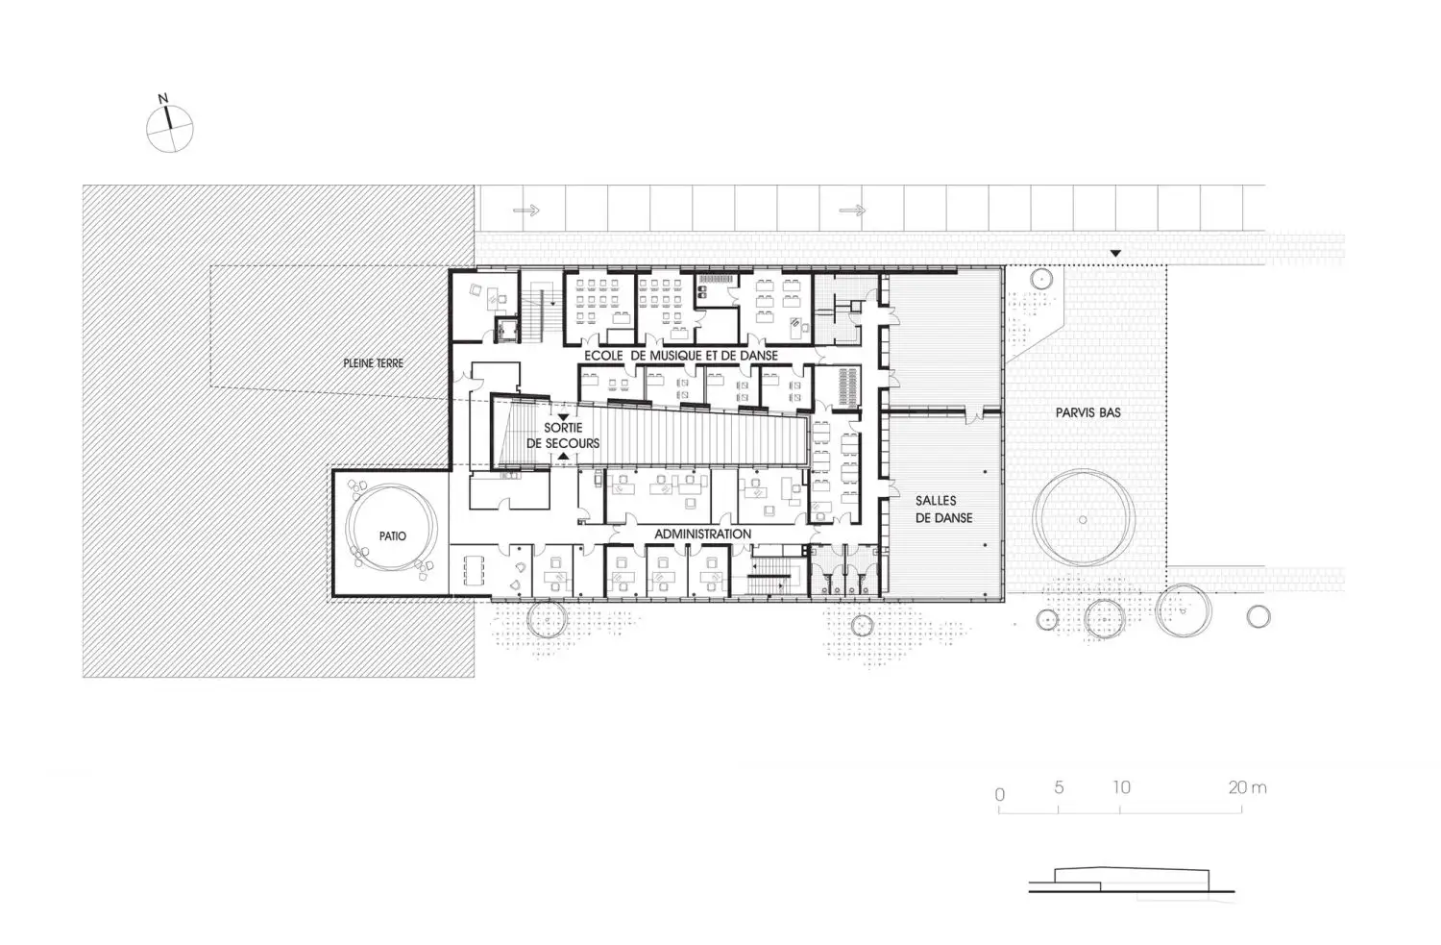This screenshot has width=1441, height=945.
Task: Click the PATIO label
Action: (392, 535)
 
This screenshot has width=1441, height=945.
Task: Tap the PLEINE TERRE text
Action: (373, 363)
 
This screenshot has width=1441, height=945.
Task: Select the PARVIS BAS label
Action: (1087, 412)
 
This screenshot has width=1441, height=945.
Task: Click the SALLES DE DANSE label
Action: (943, 510)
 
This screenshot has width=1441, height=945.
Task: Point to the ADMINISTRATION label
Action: (702, 534)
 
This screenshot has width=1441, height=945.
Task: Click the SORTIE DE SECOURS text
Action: (563, 435)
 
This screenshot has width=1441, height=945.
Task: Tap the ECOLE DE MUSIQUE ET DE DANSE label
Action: (681, 356)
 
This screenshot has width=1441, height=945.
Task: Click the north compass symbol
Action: (169, 129)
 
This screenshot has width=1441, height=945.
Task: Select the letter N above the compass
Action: (162, 98)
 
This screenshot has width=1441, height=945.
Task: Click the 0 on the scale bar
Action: (1000, 794)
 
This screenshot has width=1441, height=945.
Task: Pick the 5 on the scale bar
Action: (1059, 786)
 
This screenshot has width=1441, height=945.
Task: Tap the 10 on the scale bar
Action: (1121, 786)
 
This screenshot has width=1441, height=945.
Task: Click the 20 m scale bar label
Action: (1247, 786)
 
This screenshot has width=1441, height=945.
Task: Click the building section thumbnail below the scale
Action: (1132, 880)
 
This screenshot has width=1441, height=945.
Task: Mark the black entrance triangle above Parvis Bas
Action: (1115, 254)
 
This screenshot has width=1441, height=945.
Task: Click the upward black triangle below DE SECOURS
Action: (564, 457)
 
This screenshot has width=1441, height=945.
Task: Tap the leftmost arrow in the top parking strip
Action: (526, 210)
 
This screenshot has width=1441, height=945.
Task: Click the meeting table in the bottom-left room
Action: (475, 570)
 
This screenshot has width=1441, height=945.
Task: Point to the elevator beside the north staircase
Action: (507, 329)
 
